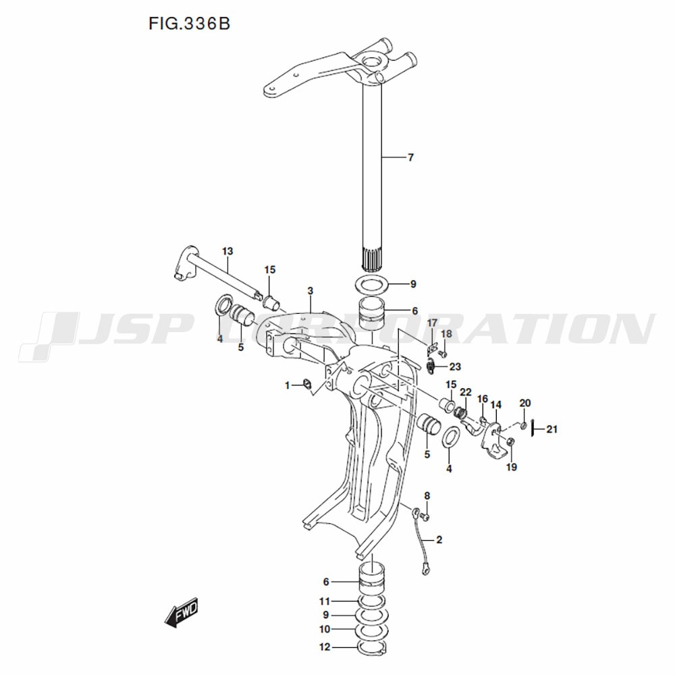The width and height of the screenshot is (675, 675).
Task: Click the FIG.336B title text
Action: point(190,24)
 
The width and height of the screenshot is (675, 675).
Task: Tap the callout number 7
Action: point(410,158)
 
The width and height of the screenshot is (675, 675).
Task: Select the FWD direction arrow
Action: point(181,612)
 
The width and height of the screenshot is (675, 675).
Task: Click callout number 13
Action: point(227,251)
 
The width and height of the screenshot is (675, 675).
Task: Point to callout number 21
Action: point(552,429)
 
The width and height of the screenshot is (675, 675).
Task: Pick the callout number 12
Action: point(325,647)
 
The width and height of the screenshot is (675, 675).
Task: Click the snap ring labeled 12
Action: point(372,647)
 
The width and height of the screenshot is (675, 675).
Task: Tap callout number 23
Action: point(455,367)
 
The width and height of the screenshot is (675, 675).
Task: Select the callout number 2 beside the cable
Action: point(439,540)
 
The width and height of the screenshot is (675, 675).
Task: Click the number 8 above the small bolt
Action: point(427,496)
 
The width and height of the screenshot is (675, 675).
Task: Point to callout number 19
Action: point(512,467)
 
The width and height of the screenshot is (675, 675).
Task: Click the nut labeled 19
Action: point(510,441)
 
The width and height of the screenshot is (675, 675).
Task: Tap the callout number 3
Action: point(310,291)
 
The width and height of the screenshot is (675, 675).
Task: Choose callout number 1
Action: point(288,385)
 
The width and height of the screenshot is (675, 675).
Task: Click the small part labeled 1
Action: point(307,383)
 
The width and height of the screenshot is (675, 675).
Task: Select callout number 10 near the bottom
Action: point(325,629)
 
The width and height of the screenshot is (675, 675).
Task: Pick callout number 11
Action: point(325,601)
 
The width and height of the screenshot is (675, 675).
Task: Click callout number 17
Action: point(432,323)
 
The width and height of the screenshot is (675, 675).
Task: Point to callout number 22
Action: point(466,392)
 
